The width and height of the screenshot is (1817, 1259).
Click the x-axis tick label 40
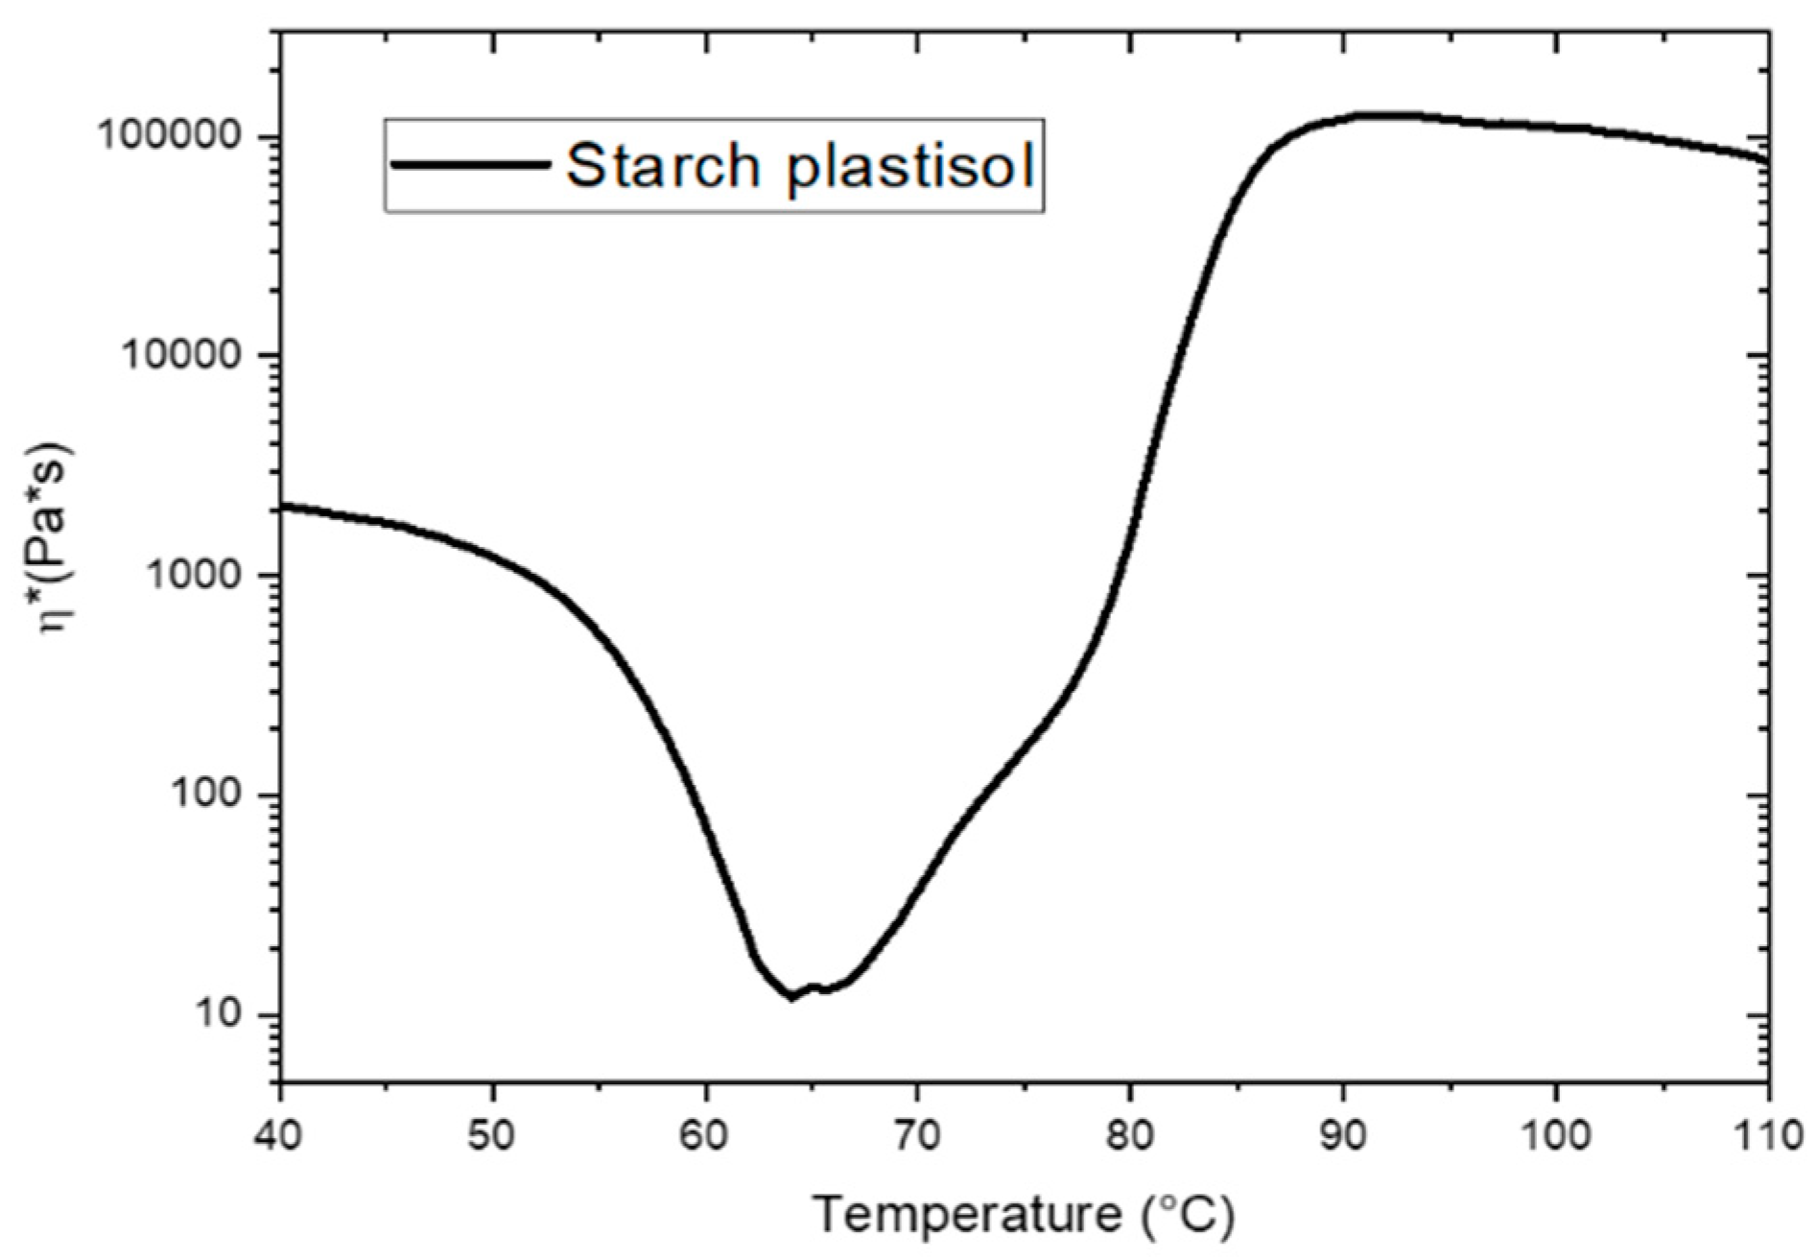[x=279, y=1135]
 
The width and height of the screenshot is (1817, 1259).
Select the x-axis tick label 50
[x=492, y=1135]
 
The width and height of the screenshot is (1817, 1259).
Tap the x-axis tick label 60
[x=705, y=1135]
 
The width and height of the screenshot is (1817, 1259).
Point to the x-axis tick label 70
[x=918, y=1135]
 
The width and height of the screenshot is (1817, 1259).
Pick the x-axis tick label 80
[x=1130, y=1135]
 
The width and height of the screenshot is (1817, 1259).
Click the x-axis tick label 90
[x=1343, y=1135]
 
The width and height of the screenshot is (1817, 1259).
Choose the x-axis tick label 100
[x=1555, y=1135]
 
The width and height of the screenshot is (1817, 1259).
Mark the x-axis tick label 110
[x=1768, y=1135]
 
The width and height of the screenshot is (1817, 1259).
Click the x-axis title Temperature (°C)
[x=1024, y=1215]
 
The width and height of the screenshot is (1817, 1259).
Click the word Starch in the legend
[x=663, y=166]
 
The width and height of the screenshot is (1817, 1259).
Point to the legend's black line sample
[x=470, y=165]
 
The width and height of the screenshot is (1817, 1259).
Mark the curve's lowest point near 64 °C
[x=791, y=998]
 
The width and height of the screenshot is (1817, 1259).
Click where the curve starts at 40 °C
[x=281, y=506]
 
